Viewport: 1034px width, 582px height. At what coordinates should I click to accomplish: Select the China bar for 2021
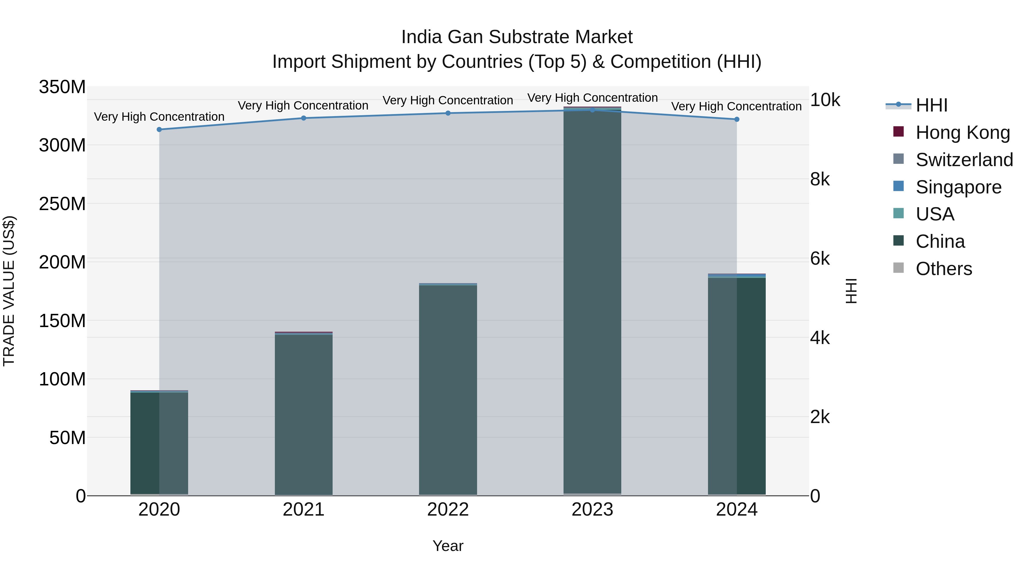point(304,414)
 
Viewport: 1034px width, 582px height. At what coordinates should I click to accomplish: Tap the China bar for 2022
point(448,390)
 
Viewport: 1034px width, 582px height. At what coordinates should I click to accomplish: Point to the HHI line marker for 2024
point(736,119)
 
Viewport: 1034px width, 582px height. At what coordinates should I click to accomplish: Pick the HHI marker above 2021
point(304,118)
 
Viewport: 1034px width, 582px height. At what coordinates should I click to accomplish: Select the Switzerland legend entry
point(964,160)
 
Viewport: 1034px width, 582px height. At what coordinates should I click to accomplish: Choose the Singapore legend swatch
point(898,186)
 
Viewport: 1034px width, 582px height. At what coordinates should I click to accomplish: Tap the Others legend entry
point(943,269)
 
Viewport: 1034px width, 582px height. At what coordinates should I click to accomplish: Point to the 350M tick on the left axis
point(62,87)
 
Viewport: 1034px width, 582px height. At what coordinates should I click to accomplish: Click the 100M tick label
point(62,379)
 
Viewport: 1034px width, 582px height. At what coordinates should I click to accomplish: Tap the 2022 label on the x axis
point(448,510)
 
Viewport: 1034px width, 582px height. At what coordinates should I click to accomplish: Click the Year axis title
point(448,546)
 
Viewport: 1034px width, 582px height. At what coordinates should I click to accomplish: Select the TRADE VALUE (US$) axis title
point(9,291)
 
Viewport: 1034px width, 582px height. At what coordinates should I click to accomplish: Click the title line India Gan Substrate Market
point(517,37)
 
